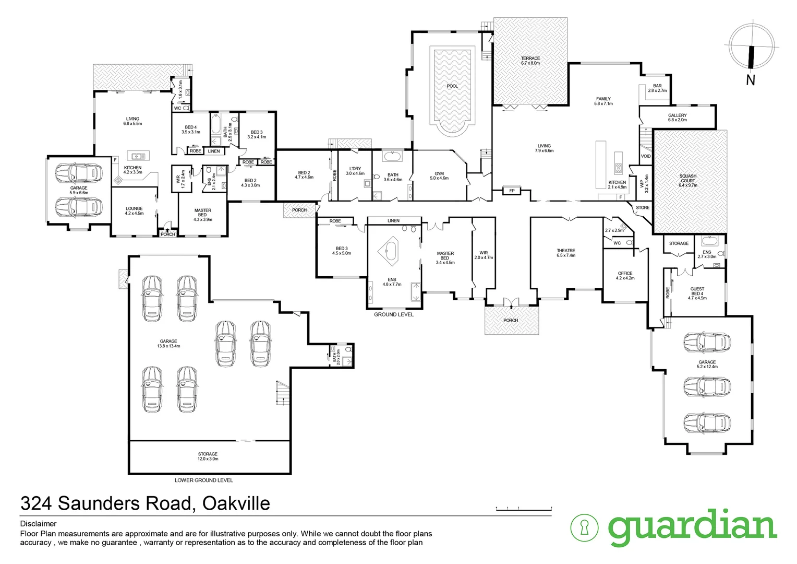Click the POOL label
tap(452, 86)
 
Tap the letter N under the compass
tap(751, 80)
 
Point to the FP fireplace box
tap(512, 191)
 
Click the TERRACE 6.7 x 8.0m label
tap(530, 61)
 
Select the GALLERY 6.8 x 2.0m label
tap(677, 118)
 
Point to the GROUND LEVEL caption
tap(394, 314)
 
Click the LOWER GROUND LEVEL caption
tap(204, 480)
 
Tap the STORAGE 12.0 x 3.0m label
tap(208, 456)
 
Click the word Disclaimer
tap(38, 523)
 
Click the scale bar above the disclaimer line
tap(523, 508)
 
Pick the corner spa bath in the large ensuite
tap(388, 250)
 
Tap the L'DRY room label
tap(355, 171)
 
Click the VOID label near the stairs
tap(646, 156)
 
